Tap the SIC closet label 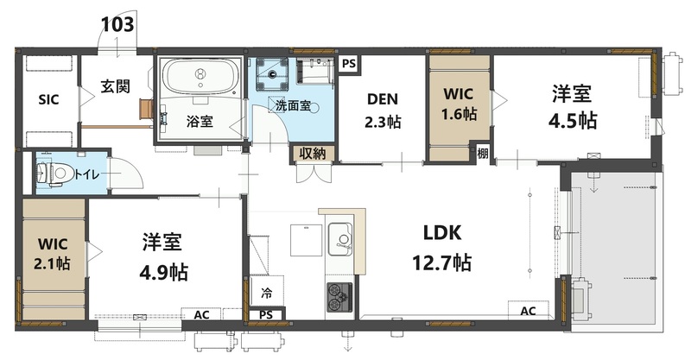click(48, 99)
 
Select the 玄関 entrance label click(114, 86)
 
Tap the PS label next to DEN click(348, 64)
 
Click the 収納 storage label click(313, 154)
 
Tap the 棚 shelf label click(483, 153)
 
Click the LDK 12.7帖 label click(445, 247)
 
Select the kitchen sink click(340, 237)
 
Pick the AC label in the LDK click(529, 311)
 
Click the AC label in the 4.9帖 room click(201, 315)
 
